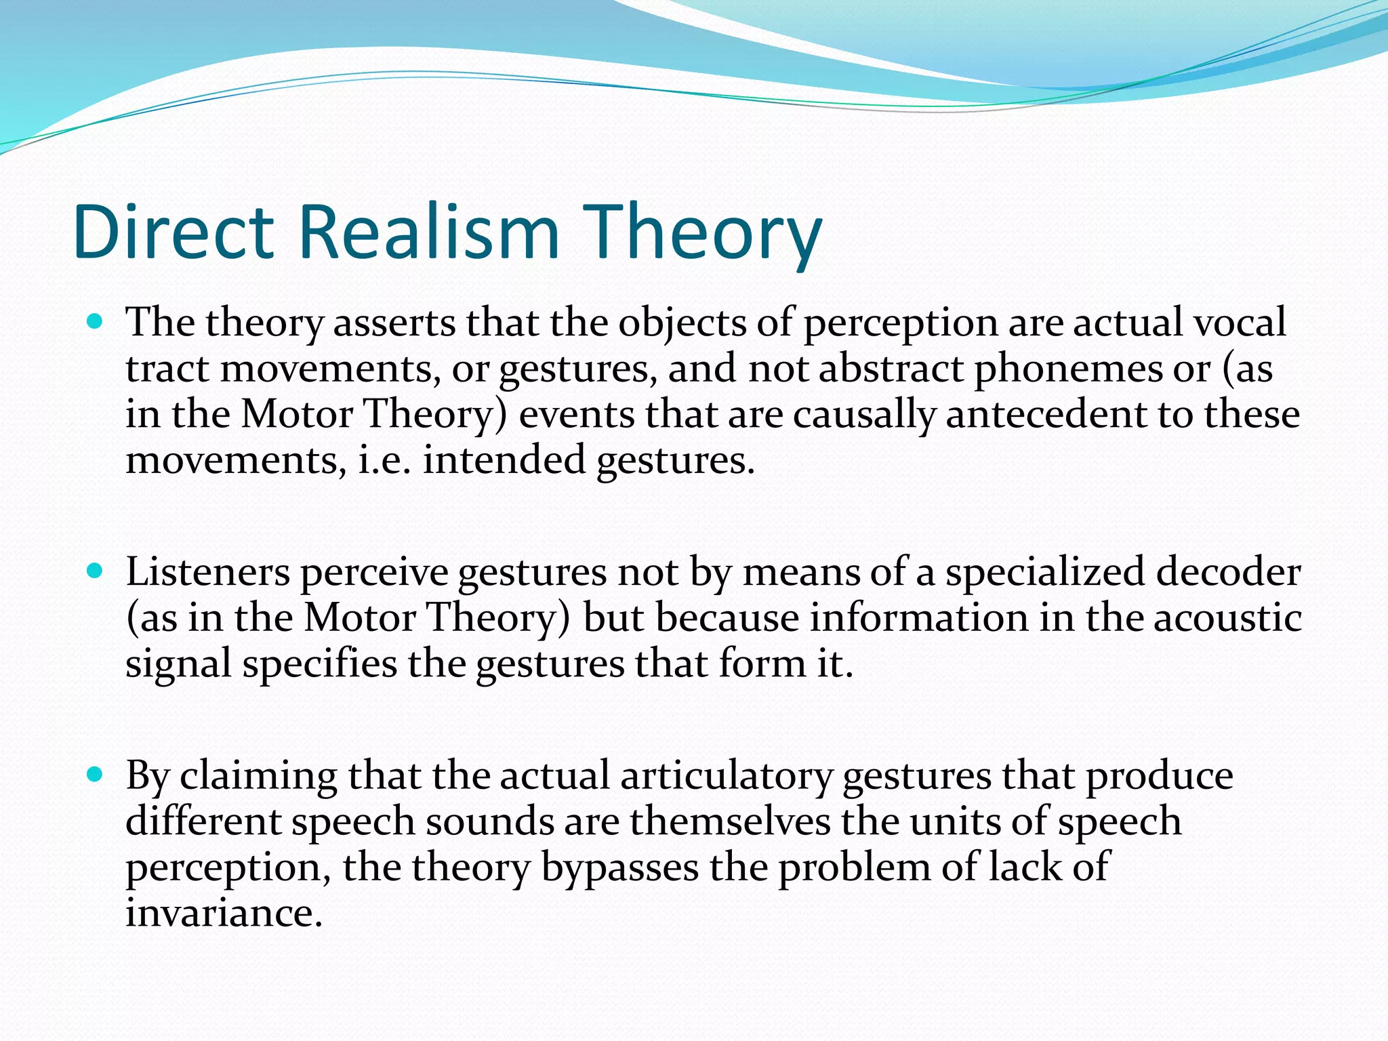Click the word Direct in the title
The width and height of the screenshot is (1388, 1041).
[x=173, y=232]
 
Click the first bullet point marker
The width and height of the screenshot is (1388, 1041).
[x=96, y=321]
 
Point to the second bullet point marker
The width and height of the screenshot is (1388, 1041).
[x=96, y=571]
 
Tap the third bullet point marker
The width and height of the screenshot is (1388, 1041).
[x=96, y=774]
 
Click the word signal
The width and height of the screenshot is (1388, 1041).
[x=179, y=664]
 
